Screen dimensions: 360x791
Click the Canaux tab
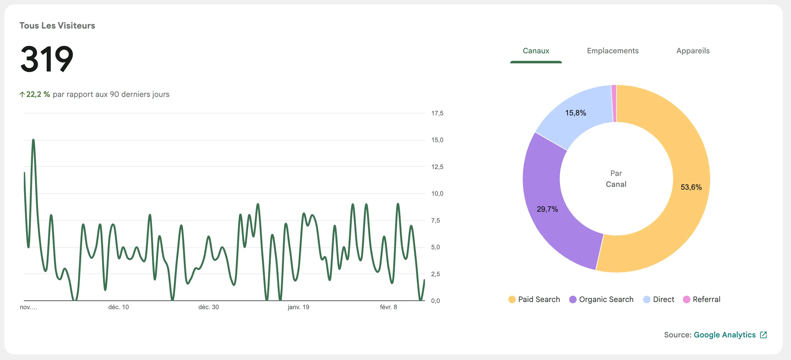click(x=536, y=51)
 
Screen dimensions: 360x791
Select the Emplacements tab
click(x=613, y=51)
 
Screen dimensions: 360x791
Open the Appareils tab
click(x=693, y=51)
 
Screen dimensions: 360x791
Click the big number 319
click(x=47, y=59)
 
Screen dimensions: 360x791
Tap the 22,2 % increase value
click(x=38, y=94)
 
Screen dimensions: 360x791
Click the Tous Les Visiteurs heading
click(x=57, y=26)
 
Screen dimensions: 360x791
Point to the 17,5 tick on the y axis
click(x=437, y=113)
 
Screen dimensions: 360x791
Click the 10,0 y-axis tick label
click(x=437, y=193)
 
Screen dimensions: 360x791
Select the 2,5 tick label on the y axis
click(x=435, y=274)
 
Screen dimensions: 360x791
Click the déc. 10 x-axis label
click(x=118, y=307)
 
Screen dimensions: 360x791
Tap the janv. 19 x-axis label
click(x=298, y=307)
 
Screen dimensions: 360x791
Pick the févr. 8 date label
click(x=388, y=307)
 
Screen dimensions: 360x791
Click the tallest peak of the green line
click(x=33, y=140)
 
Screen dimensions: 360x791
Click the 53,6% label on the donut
click(x=691, y=187)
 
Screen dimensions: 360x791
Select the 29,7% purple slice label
click(x=547, y=209)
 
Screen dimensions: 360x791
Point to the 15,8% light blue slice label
click(x=575, y=113)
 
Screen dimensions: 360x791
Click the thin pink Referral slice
click(x=614, y=103)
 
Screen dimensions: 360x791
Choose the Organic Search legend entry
click(x=606, y=299)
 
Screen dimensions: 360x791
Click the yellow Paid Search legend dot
click(x=512, y=299)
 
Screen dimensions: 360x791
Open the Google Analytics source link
click(x=725, y=335)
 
